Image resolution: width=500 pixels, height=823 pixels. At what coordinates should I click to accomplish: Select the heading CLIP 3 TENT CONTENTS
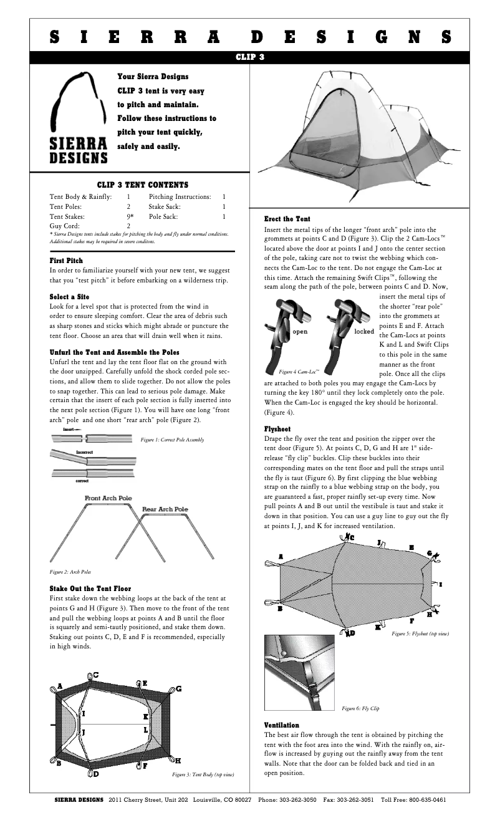point(143,185)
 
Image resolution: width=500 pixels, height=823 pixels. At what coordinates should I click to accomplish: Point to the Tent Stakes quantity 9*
point(130,216)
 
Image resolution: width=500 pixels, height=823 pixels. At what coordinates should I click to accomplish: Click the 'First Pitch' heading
point(66,260)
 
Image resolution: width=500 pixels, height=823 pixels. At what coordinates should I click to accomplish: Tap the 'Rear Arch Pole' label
point(165,509)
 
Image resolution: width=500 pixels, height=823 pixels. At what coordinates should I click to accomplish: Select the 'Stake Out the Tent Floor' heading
point(90,588)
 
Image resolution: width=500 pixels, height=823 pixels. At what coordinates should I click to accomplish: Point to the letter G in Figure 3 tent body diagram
point(179,688)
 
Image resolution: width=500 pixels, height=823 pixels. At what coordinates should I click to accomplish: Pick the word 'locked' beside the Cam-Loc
point(364,332)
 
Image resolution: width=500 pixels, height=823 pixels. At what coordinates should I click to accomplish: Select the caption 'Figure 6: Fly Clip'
point(360,709)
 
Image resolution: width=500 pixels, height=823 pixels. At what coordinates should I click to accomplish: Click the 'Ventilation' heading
point(282,725)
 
